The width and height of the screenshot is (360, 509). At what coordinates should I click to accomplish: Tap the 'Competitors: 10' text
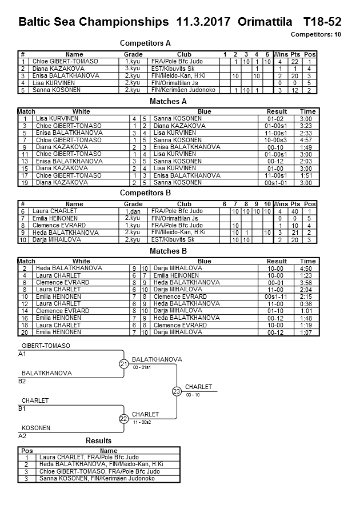(316, 35)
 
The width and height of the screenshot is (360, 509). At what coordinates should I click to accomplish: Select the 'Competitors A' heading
(145, 43)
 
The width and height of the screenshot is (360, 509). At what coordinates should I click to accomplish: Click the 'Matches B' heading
(168, 251)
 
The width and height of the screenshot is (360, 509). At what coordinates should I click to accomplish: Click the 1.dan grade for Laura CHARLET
(133, 211)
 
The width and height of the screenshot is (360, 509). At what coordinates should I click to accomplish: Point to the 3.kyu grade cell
(133, 69)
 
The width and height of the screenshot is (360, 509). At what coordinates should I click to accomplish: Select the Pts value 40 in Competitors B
(295, 211)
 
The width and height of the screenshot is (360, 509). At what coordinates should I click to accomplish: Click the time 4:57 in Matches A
(307, 140)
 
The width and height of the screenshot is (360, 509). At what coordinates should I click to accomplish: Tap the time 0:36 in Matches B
(307, 304)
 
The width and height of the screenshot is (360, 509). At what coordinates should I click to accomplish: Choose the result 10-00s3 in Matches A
(275, 140)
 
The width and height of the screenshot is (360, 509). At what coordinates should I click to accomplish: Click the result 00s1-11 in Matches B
(276, 296)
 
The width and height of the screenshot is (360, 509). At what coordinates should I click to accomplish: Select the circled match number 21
(124, 364)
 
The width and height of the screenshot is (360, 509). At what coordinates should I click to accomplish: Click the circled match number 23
(177, 391)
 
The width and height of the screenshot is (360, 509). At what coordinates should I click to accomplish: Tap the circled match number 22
(124, 419)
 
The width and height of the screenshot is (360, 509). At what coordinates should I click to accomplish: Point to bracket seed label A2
(22, 436)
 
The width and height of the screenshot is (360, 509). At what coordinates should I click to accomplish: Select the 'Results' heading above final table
(98, 441)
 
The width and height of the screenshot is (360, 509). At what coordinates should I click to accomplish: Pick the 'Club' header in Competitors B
(184, 204)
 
